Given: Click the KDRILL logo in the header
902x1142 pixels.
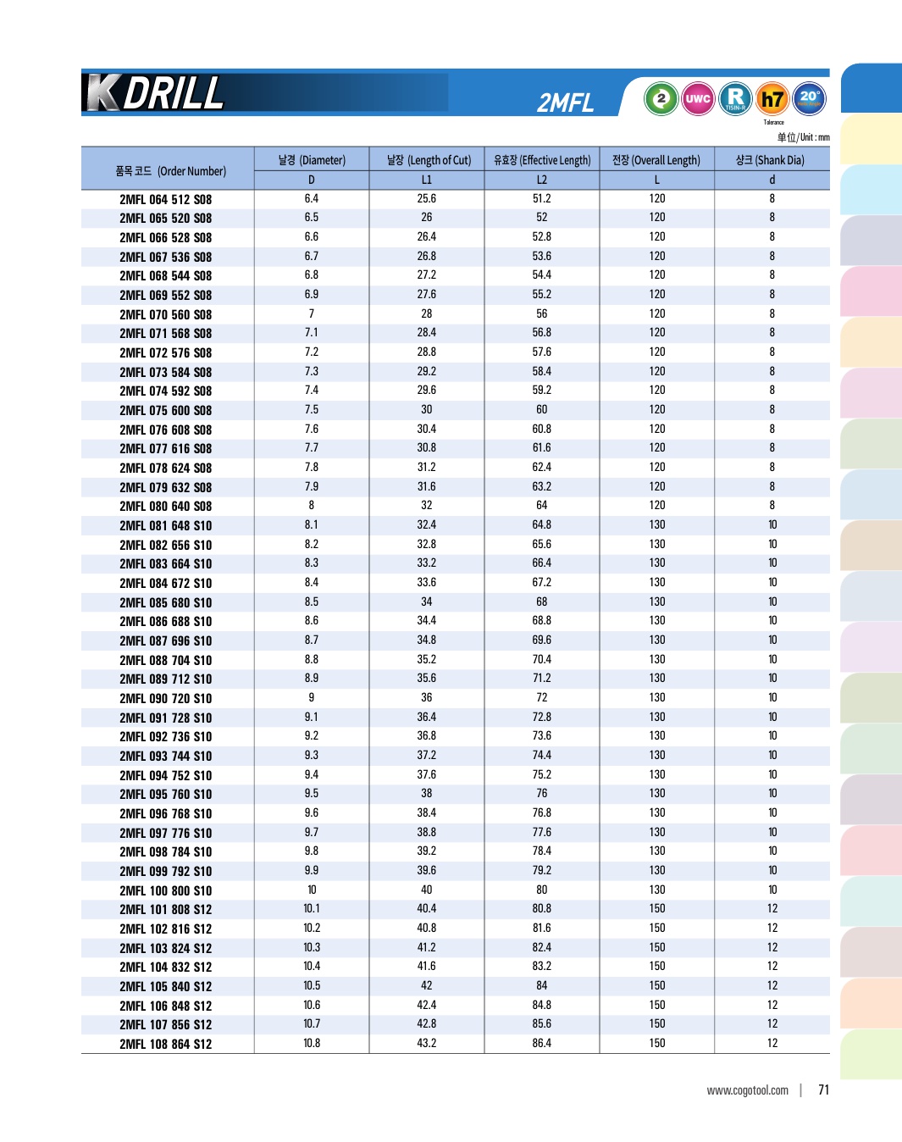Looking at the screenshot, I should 156,93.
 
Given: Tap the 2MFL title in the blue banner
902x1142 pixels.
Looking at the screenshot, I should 565,103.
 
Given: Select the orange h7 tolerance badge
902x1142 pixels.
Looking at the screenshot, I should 772,99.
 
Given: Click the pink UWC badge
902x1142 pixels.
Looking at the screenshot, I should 698,98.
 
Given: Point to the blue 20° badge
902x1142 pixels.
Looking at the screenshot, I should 809,98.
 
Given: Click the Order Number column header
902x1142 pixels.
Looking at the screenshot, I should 170,170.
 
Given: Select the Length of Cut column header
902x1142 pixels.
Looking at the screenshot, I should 428,160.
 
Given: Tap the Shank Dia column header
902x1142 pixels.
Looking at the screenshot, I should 770,160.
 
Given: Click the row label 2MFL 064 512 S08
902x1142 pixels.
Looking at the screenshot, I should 166,200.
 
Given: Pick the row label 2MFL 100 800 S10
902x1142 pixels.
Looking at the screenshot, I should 166,890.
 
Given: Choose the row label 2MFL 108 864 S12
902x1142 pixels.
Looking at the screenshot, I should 166,1044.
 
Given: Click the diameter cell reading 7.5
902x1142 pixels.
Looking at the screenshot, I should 312,409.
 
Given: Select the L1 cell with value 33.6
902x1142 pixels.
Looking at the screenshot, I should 427,582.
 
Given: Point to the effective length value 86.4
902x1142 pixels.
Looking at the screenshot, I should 542,1043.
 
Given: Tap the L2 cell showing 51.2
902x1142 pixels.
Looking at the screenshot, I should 542,198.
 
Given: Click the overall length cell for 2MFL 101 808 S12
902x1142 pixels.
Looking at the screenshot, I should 657,908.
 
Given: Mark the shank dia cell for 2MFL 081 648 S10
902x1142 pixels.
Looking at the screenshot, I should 772,524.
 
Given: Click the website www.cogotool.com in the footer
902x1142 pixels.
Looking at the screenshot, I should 747,1090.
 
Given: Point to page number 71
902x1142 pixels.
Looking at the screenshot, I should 823,1089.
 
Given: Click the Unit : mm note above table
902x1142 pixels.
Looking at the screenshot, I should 803,137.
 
